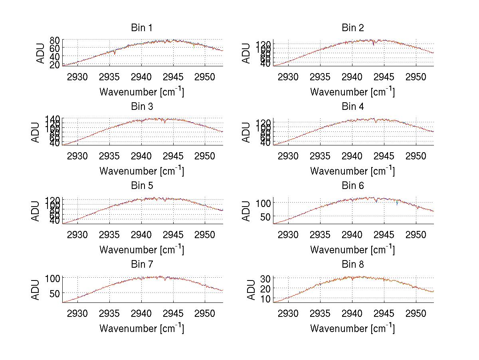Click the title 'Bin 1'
[x=141, y=28]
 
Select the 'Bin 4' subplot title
[x=353, y=106]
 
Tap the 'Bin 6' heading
[x=353, y=185]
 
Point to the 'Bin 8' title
[x=353, y=264]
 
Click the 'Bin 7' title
[x=141, y=264]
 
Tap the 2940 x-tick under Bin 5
[x=141, y=234]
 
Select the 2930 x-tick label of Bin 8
[x=288, y=313]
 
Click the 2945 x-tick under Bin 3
[x=173, y=155]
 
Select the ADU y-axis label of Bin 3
[x=41, y=131]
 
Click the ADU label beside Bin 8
[x=252, y=289]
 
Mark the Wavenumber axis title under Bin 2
[x=352, y=91]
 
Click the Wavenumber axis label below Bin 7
[x=141, y=328]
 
